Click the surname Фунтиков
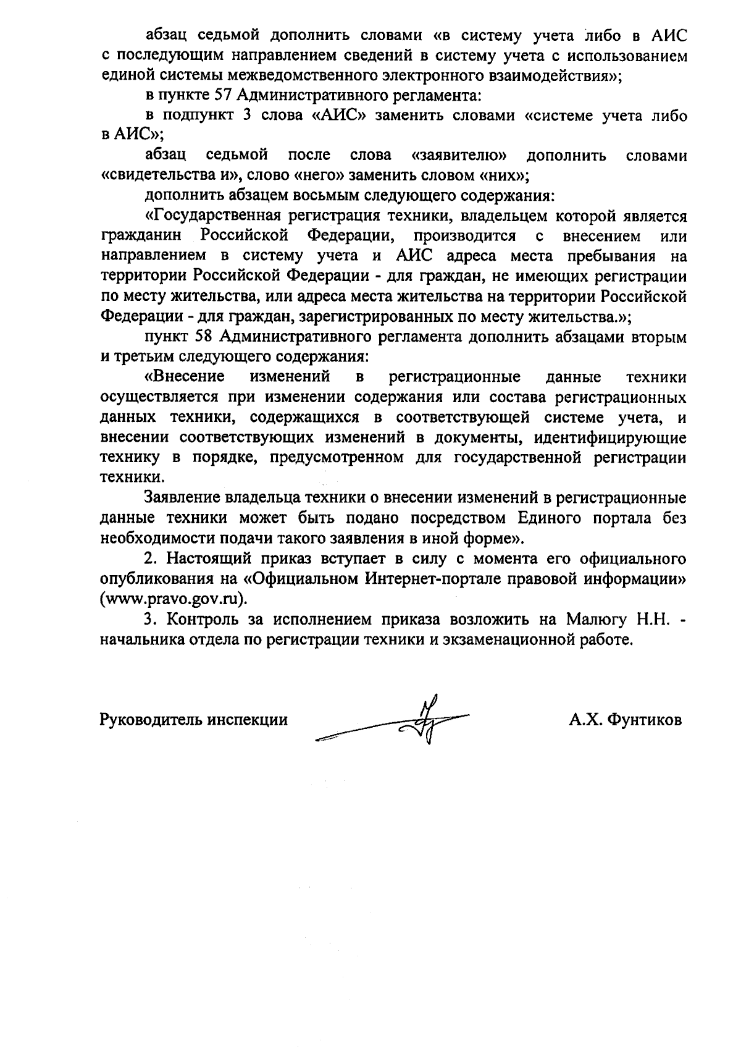pyautogui.click(x=645, y=720)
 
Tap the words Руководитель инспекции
pyautogui.click(x=193, y=720)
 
